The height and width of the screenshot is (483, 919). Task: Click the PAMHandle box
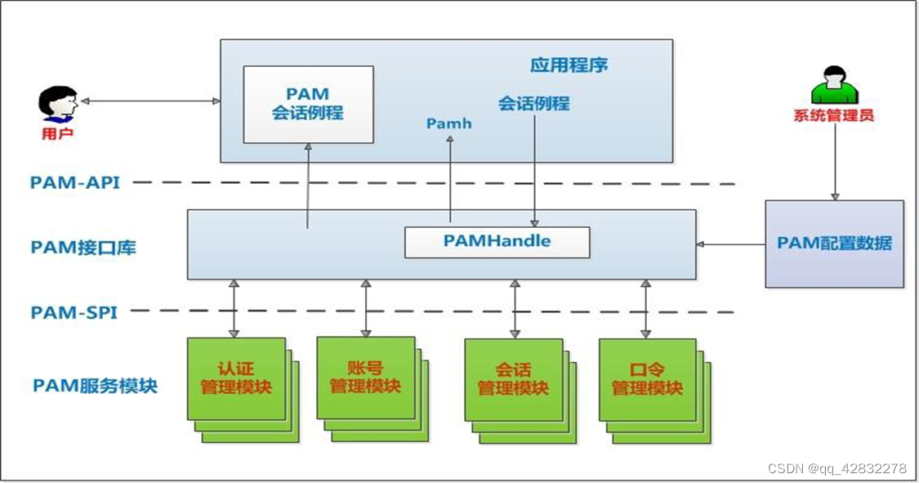click(497, 242)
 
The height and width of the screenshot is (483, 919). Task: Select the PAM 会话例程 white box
click(308, 104)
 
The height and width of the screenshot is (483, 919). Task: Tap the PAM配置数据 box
click(834, 244)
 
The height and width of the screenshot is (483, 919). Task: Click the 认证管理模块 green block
click(236, 378)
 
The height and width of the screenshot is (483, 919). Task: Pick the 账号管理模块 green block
click(365, 378)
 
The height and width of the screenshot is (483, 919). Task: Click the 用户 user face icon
click(58, 104)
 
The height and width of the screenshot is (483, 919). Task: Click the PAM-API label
click(74, 182)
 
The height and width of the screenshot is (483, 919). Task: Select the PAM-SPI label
click(74, 312)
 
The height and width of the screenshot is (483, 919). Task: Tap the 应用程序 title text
click(569, 65)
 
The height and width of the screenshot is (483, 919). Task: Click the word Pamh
click(449, 123)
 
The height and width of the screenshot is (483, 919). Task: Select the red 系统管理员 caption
click(833, 115)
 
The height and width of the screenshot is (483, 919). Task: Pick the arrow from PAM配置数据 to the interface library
click(730, 244)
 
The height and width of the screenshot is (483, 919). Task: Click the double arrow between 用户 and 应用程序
click(150, 101)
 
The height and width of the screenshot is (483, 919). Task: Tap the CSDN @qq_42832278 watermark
click(837, 468)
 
